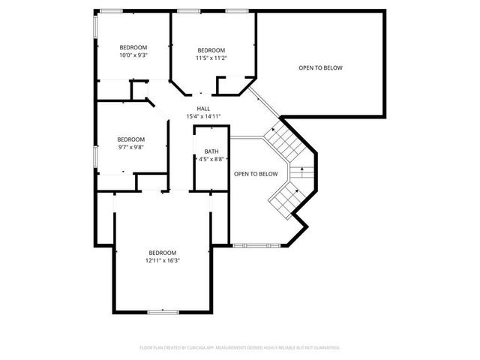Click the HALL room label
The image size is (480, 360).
(203, 109)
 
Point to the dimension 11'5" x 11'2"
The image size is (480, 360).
(211, 58)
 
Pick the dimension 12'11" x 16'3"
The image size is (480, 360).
(162, 260)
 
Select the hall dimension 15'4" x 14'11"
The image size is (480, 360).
(203, 116)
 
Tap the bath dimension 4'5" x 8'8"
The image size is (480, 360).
(212, 159)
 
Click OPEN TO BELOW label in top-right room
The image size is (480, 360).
(320, 68)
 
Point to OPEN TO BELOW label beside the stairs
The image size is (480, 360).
(256, 174)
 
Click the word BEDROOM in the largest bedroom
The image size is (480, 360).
(162, 252)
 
